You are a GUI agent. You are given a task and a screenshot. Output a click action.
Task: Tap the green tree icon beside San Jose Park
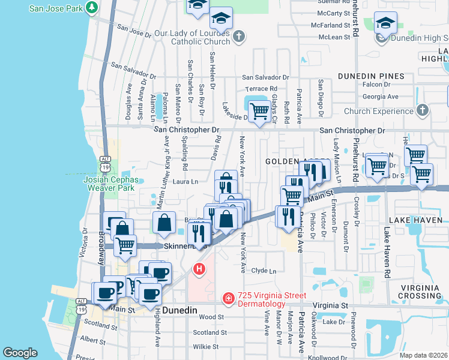(92, 8)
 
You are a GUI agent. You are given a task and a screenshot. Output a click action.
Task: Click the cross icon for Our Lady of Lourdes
(239, 37)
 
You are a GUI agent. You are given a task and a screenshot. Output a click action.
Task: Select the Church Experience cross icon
(423, 110)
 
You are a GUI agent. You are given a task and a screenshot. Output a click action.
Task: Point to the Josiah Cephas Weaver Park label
(110, 184)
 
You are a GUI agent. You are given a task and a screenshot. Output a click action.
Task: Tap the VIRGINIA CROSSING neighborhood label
(422, 292)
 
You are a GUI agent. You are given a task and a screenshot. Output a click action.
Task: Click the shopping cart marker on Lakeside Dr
(259, 111)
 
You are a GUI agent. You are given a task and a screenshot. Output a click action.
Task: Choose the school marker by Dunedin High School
(385, 23)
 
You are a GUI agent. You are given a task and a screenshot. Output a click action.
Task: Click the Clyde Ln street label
(264, 271)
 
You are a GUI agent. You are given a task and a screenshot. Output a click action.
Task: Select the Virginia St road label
(328, 305)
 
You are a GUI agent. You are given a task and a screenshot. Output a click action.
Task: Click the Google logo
(20, 353)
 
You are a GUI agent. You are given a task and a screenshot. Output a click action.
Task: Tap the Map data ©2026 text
(423, 355)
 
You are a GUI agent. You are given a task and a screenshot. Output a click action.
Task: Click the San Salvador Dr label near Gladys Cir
(265, 77)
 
